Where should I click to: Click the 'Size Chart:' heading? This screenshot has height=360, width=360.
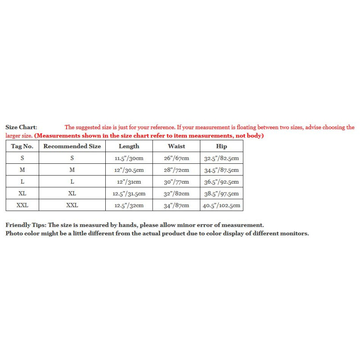(x=21, y=128)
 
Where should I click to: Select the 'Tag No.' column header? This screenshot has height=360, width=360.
(x=22, y=146)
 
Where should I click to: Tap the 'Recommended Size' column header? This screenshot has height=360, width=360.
(x=72, y=146)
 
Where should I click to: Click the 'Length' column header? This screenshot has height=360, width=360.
(x=129, y=146)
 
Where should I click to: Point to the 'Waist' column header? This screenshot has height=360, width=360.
(x=176, y=146)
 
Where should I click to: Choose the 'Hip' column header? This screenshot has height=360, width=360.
(x=221, y=146)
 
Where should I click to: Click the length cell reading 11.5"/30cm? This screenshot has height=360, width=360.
(x=129, y=158)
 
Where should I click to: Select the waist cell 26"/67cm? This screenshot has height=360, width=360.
(x=176, y=158)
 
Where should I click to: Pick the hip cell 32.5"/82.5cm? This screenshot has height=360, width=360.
(x=221, y=158)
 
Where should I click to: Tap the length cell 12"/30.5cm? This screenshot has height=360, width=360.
(x=129, y=170)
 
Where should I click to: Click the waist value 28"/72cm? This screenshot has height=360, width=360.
(x=176, y=170)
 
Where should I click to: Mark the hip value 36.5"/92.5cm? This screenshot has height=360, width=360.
(x=221, y=182)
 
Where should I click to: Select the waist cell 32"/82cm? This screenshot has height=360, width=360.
(x=176, y=194)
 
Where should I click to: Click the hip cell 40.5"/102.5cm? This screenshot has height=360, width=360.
(x=221, y=206)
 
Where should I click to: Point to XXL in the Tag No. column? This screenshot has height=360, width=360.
(x=22, y=206)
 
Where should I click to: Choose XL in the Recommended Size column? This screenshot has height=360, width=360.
(x=72, y=194)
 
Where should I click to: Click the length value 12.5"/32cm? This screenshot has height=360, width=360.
(x=129, y=206)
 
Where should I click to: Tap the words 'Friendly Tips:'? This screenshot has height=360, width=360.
(x=26, y=225)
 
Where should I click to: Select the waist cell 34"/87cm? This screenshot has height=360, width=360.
(x=176, y=206)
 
